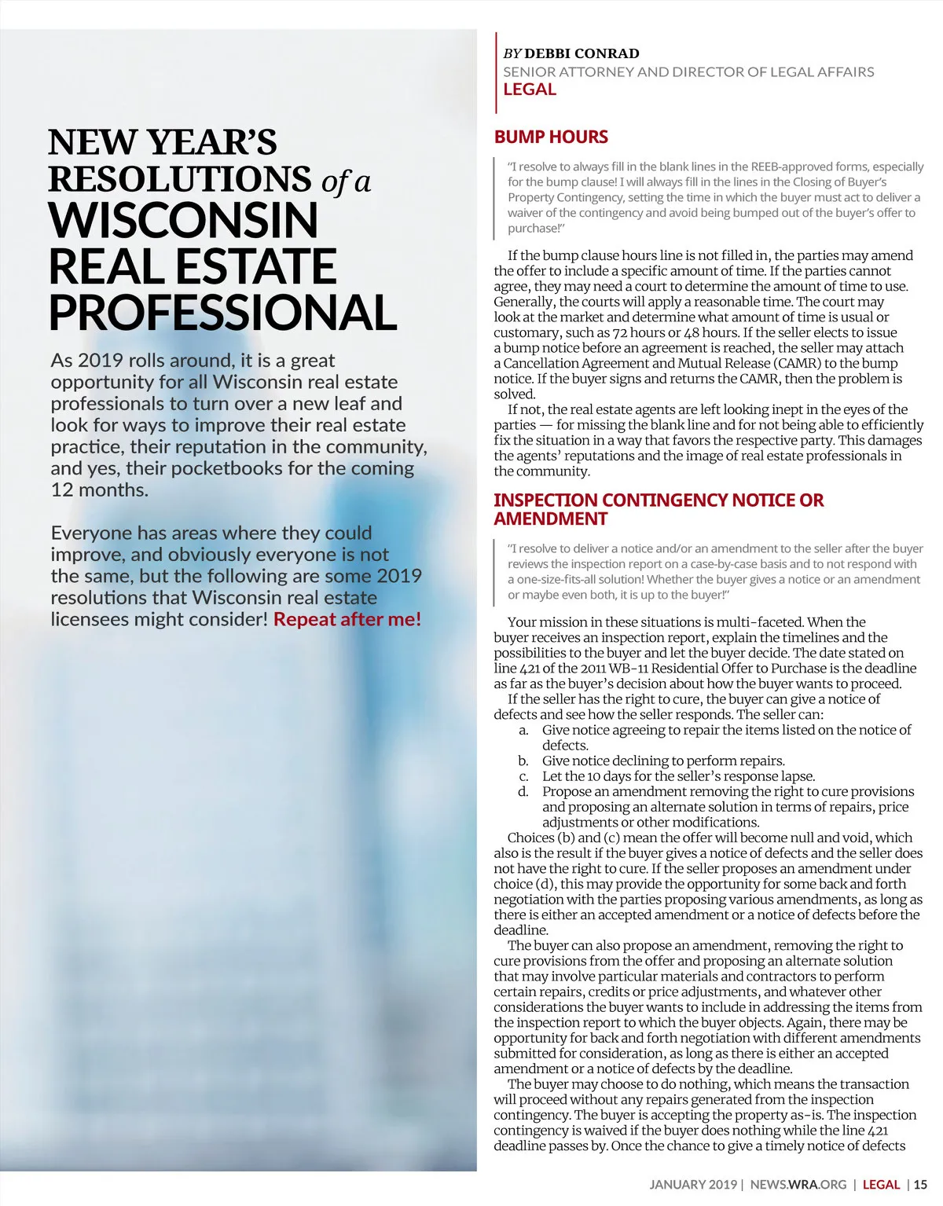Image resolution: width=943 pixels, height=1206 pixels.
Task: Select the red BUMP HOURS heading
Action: [x=551, y=137]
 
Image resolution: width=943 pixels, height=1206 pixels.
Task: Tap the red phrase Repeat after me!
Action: [x=347, y=619]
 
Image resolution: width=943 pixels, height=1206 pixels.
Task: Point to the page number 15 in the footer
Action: [x=920, y=1184]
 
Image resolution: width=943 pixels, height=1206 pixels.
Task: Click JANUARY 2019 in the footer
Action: [x=693, y=1184]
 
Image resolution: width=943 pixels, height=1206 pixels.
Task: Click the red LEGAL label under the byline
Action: [x=530, y=90]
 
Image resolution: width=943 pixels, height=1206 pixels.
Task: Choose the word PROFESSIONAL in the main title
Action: [x=223, y=313]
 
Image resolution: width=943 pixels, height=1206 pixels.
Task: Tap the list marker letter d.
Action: [x=523, y=791]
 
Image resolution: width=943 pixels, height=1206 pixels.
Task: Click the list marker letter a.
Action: [x=523, y=730]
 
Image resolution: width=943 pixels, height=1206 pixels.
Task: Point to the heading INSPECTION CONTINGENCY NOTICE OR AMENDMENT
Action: [x=659, y=509]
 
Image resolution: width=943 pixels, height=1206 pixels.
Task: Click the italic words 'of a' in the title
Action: [x=346, y=181]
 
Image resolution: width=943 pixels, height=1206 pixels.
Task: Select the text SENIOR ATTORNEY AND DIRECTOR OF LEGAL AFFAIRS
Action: [x=688, y=71]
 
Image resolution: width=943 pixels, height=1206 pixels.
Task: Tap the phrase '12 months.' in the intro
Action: [x=100, y=489]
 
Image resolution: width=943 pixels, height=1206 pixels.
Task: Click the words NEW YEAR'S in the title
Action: [x=163, y=142]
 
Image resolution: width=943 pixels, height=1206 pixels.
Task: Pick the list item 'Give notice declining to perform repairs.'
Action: [x=663, y=761]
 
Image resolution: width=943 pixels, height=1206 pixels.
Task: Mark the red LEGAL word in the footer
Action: [x=881, y=1184]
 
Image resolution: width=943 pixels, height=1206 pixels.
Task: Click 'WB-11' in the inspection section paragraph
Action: [x=629, y=668]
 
